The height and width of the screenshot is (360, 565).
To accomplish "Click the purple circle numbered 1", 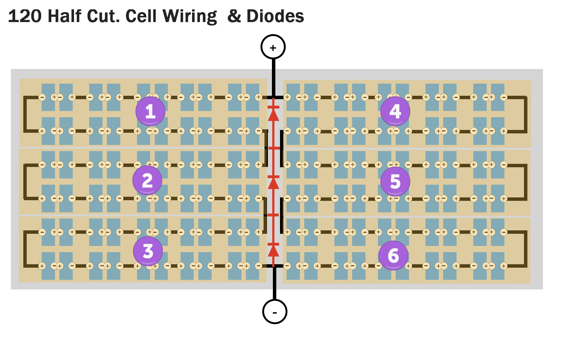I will point(150,111).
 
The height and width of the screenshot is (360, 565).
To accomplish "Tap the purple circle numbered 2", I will point(147,180).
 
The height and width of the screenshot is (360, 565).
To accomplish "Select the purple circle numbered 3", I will point(148,251).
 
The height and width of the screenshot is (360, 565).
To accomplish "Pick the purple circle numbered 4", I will point(395,111).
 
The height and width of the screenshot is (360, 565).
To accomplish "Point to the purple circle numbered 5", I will point(395,181).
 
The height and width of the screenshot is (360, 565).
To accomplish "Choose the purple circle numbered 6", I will point(393,255).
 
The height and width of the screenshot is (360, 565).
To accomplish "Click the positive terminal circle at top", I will point(273,47).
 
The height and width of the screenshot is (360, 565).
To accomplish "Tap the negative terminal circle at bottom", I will point(274,312).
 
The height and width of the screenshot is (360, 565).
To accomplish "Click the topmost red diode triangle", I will point(273,115).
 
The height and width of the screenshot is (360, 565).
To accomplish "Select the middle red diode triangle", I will point(273,184).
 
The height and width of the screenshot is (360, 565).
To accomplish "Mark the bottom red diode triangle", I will point(273,251).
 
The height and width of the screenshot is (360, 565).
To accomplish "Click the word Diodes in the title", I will point(275,16).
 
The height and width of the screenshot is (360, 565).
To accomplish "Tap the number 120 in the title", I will point(25,16).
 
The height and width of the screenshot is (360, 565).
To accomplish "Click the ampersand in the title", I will point(234,16).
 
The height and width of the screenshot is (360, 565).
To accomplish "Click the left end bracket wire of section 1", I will point(25,114).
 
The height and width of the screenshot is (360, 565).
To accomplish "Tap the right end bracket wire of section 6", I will point(526,249).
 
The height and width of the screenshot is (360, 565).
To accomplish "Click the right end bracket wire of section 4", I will point(526,114).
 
